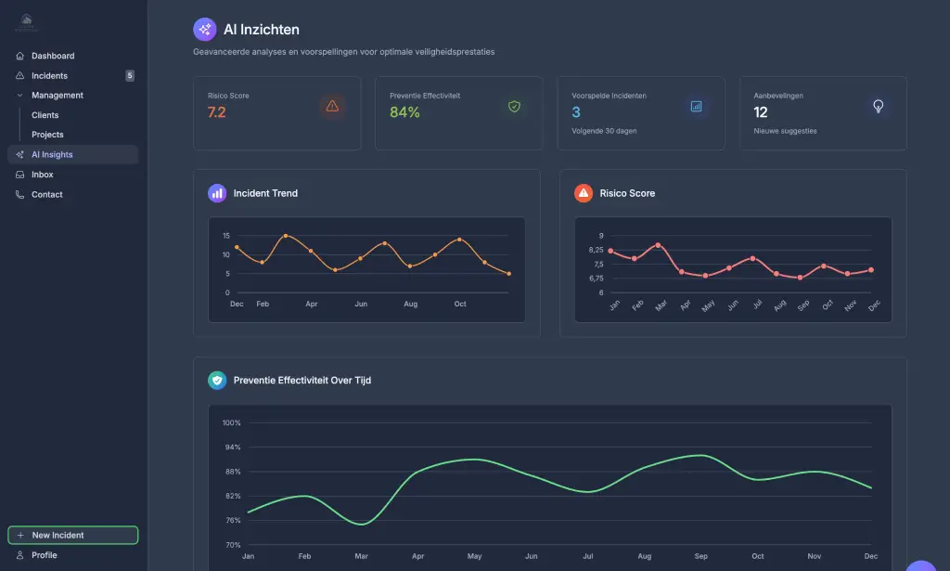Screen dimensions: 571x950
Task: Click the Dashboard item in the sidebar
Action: [x=52, y=56]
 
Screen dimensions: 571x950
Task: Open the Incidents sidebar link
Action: [x=49, y=76]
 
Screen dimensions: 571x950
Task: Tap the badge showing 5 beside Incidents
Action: [x=130, y=76]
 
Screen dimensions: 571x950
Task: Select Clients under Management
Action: [x=45, y=115]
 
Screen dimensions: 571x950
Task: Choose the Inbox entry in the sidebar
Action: [x=42, y=175]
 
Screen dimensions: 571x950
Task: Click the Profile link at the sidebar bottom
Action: [x=44, y=555]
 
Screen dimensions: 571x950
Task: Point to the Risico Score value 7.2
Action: [x=216, y=112]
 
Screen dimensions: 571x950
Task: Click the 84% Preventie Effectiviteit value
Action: [x=404, y=112]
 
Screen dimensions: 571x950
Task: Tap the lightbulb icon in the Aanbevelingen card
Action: [x=878, y=106]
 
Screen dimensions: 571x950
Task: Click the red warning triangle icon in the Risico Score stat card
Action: [x=332, y=106]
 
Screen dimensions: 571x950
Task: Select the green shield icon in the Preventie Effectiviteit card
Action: [x=514, y=106]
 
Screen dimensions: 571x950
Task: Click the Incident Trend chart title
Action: [x=265, y=193]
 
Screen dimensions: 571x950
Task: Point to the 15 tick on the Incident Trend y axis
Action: [x=225, y=236]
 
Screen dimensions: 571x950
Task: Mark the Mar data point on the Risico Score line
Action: [x=658, y=245]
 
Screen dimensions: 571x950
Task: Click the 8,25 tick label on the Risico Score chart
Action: [x=595, y=250]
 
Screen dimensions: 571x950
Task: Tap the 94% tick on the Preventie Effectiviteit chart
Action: [x=231, y=448]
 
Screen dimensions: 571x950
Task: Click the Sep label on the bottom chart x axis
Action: [x=701, y=556]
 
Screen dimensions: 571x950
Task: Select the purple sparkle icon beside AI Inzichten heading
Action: [x=204, y=30]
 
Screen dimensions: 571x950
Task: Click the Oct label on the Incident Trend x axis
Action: [x=459, y=304]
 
